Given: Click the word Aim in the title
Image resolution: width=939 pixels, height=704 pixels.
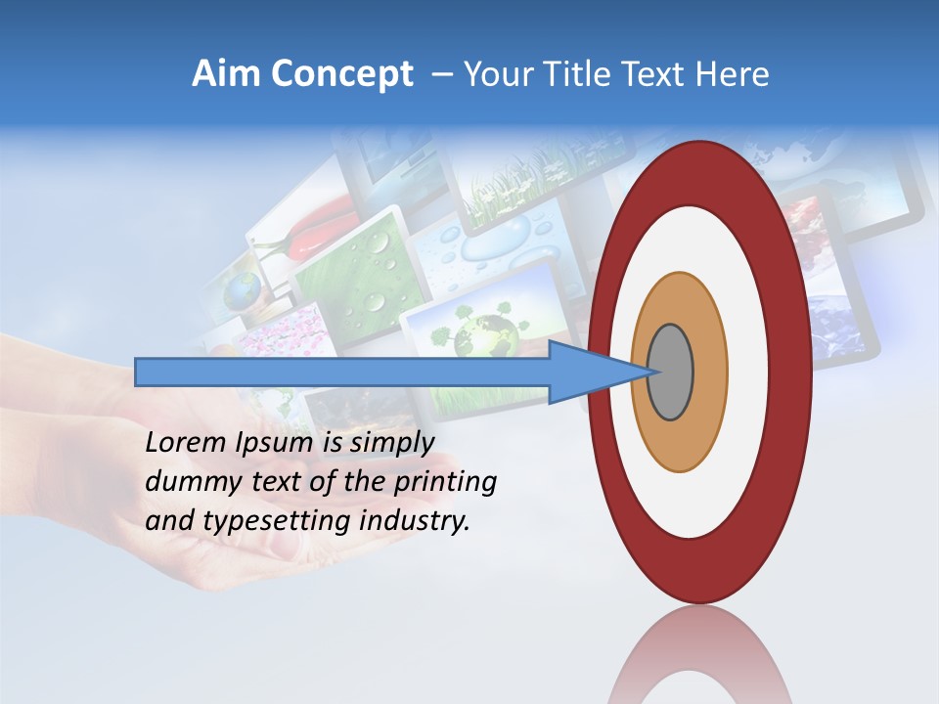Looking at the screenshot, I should (223, 74).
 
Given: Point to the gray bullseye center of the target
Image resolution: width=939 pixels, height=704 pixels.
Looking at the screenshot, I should (670, 373).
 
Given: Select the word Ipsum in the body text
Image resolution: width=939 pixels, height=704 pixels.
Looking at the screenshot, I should (276, 442).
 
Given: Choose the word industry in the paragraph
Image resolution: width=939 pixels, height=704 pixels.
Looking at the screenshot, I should (415, 522).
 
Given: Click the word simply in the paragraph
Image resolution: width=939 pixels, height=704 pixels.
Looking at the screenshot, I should (391, 442).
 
